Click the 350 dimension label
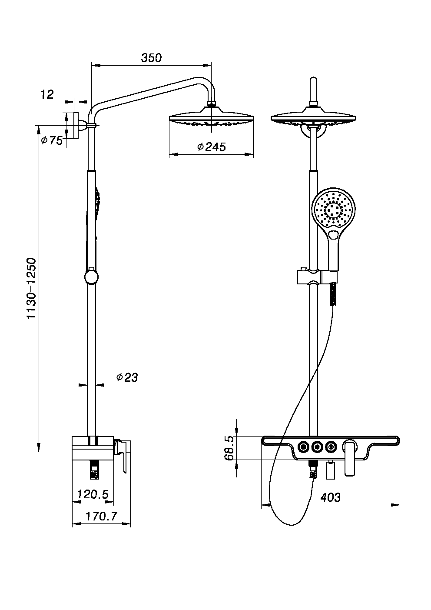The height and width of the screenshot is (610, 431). (x=151, y=58)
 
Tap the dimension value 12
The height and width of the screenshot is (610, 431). (x=47, y=95)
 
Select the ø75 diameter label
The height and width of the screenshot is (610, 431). (x=52, y=140)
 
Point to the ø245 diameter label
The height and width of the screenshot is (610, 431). (x=212, y=147)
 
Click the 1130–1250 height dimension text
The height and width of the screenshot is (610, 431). (x=31, y=288)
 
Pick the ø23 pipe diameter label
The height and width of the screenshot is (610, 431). (x=127, y=377)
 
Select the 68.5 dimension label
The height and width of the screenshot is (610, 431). (x=229, y=448)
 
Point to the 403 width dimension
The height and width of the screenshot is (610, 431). (x=330, y=497)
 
